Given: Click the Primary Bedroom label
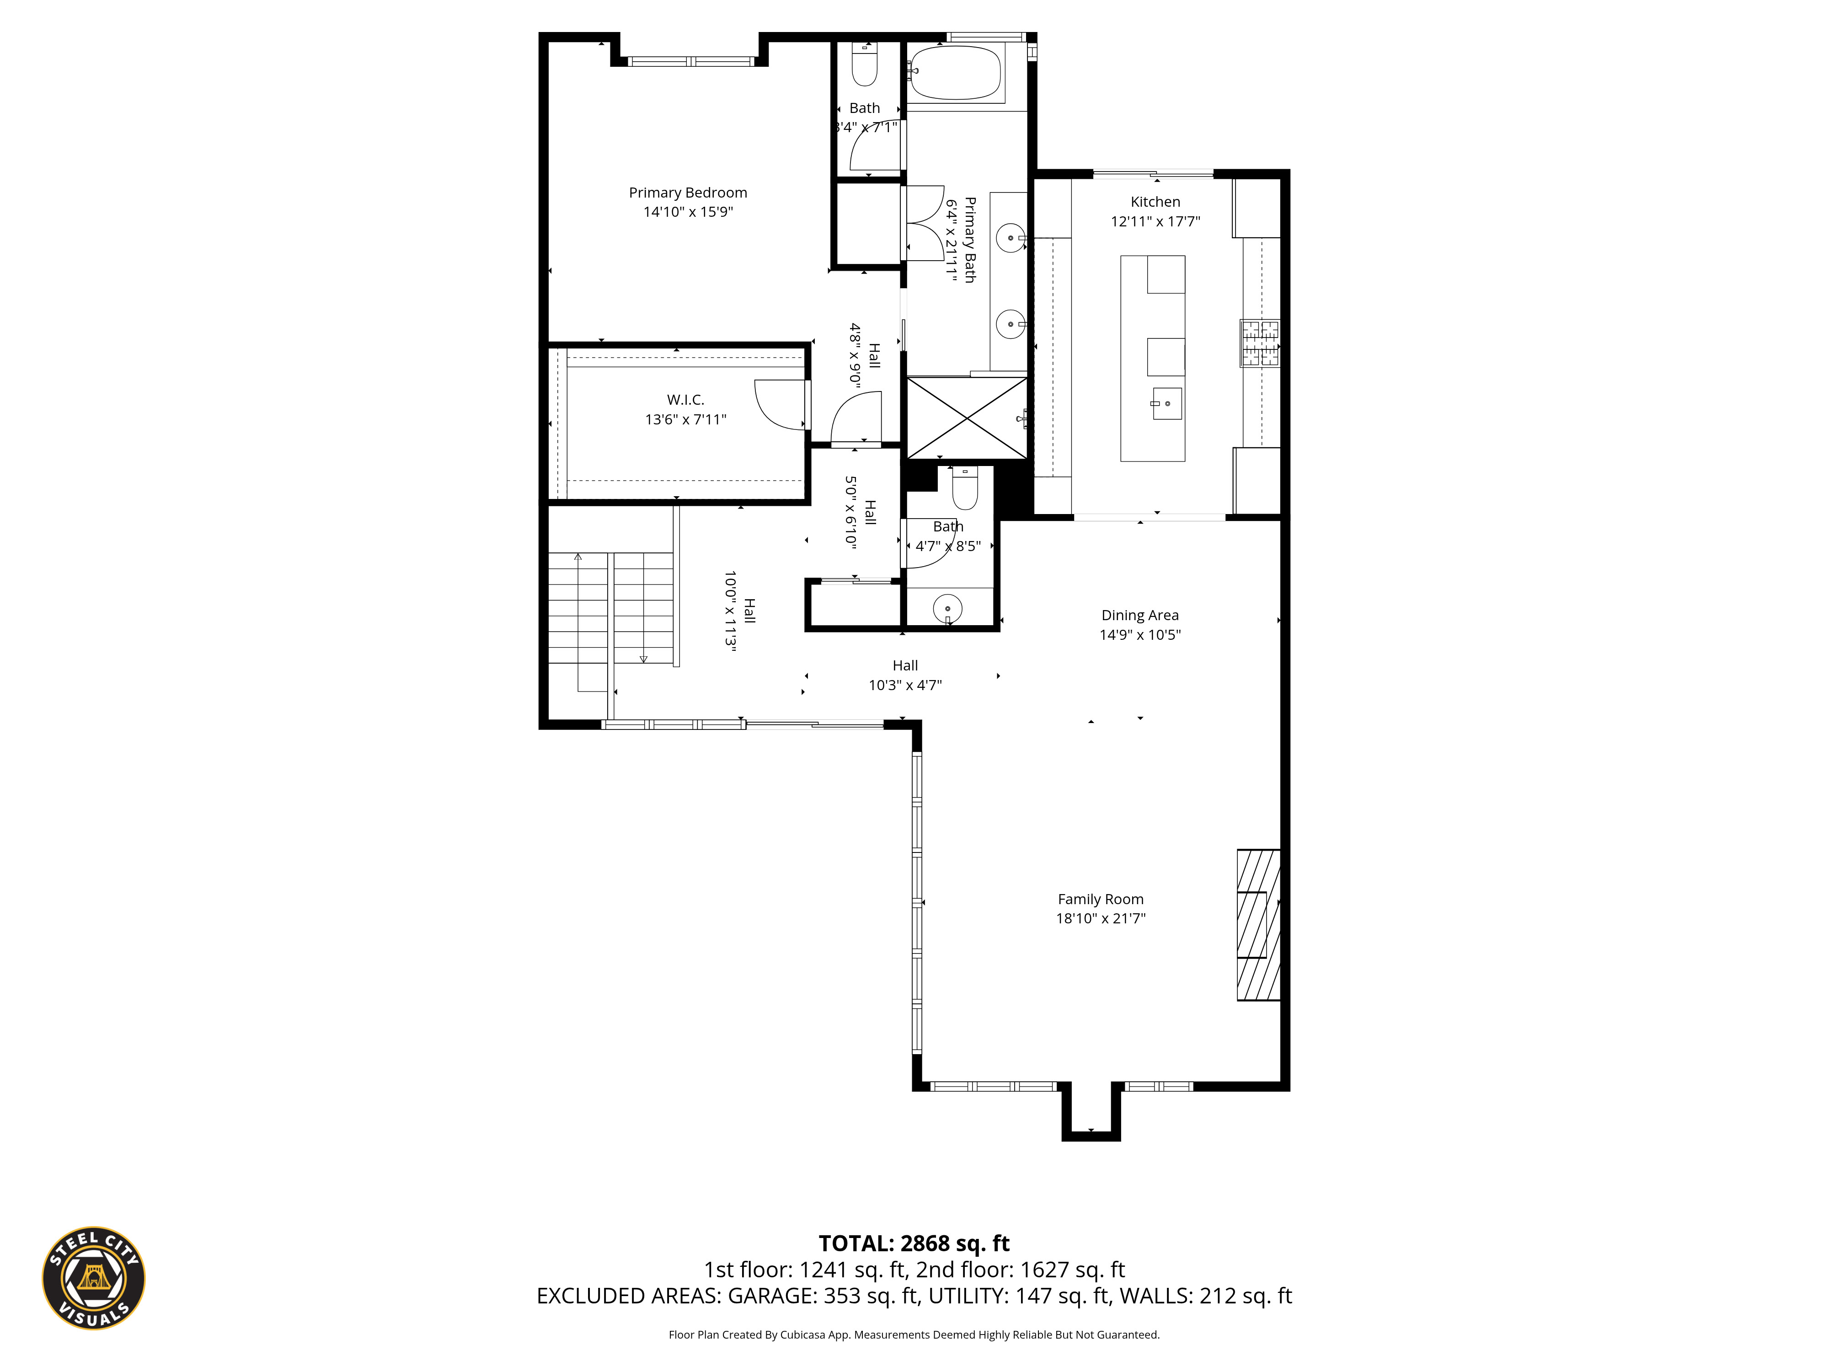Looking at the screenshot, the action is coord(688,193).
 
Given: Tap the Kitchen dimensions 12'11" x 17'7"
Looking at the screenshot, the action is coord(1155,222).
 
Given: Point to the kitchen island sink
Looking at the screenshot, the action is coord(1167,403).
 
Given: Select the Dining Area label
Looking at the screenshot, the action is coord(1139,615).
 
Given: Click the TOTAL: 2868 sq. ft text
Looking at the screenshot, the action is coord(914,1244).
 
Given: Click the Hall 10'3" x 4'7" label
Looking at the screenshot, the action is coord(904,675).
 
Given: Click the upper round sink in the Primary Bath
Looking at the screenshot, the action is coord(1010,239).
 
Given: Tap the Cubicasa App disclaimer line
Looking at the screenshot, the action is coord(914,1335).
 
